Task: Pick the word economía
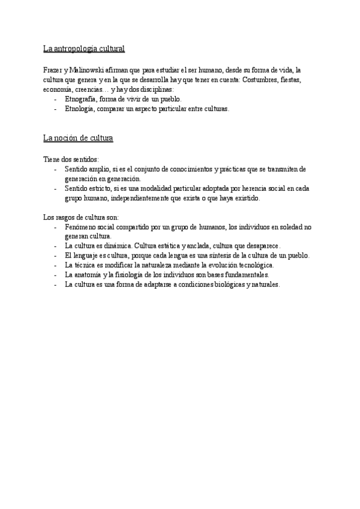57,89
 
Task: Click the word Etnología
80,109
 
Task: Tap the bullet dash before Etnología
55,109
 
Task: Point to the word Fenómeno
81,227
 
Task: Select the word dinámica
118,246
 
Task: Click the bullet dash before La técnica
55,265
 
